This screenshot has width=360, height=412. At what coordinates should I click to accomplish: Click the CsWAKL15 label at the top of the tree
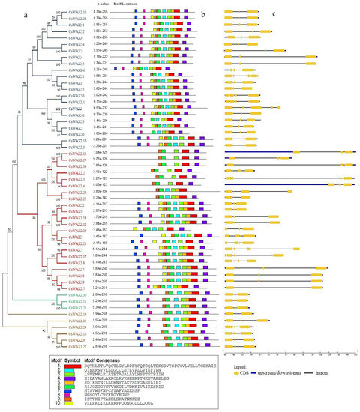(77, 13)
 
